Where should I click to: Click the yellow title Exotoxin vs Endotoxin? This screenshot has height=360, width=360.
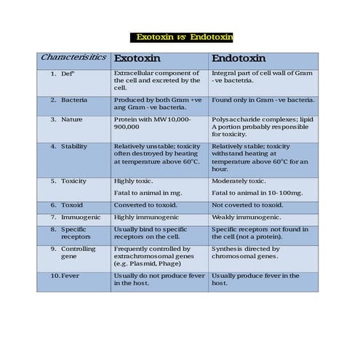(x=180, y=37)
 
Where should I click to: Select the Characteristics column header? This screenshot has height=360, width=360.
(x=73, y=57)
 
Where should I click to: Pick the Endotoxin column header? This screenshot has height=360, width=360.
(x=239, y=58)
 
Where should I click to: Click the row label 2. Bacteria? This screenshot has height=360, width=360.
(x=70, y=99)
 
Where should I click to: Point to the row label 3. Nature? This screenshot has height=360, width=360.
(x=66, y=119)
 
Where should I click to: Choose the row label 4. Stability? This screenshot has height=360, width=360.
(x=69, y=146)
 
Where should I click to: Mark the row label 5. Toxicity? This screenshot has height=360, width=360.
(x=68, y=180)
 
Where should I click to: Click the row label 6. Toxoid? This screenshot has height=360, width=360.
(x=66, y=205)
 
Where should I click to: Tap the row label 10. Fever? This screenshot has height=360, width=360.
(x=65, y=276)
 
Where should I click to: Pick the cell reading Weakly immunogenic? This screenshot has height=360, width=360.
(x=246, y=217)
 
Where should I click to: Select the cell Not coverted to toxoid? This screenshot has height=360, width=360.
(x=247, y=205)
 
